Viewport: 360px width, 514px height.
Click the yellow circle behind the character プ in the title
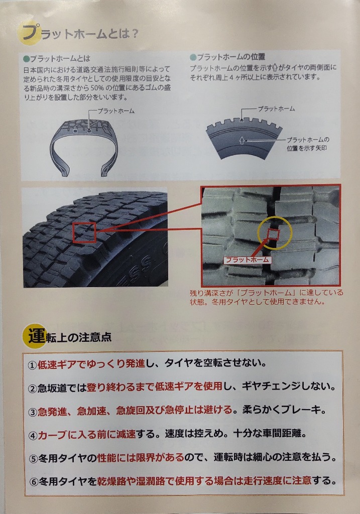[x=28, y=33]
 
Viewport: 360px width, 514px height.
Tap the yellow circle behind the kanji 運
[x=34, y=336]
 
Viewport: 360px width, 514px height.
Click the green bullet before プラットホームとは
[x=27, y=59]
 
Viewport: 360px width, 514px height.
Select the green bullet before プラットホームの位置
[x=193, y=57]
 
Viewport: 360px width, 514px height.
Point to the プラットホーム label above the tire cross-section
[x=116, y=111]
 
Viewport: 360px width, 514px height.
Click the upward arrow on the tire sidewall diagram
[x=242, y=141]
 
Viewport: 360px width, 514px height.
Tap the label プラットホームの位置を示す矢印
[x=308, y=144]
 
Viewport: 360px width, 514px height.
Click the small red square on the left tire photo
[x=84, y=232]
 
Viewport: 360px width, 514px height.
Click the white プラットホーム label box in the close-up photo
[x=248, y=260]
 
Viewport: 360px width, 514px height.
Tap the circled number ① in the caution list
[x=32, y=365]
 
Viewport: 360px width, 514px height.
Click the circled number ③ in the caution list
[x=33, y=412]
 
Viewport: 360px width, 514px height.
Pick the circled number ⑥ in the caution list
[x=34, y=482]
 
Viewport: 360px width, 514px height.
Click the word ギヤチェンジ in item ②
[x=271, y=387]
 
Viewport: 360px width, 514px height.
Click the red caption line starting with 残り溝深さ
[x=267, y=293]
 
